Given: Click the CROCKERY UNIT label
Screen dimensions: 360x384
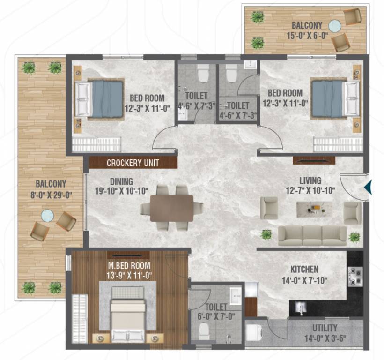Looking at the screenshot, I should pos(133,163).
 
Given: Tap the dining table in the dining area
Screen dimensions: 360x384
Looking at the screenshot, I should pos(172,208).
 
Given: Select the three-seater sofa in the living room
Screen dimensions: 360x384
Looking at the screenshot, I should pos(312,235).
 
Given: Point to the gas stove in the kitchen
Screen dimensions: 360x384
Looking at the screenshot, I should pos(355,276).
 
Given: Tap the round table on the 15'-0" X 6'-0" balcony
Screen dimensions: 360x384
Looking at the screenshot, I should pos(335,26).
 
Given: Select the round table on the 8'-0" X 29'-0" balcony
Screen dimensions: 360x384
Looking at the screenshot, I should pos(47,216).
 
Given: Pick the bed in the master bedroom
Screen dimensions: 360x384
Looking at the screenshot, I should pos(127,315).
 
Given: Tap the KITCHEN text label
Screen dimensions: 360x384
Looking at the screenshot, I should pos(304,270).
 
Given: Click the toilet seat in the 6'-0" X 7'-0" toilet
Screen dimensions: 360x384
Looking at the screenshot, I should pos(204,331).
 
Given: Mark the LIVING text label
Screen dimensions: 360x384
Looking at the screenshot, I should pos(310,180).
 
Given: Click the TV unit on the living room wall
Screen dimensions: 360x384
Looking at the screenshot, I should pos(314,161).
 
